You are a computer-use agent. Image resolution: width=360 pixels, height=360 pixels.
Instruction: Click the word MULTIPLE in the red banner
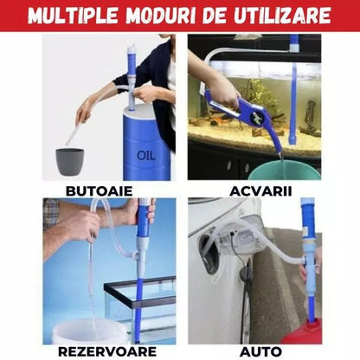pyautogui.click(x=74, y=16)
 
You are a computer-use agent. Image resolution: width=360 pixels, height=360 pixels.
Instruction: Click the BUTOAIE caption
pyautogui.click(x=99, y=191)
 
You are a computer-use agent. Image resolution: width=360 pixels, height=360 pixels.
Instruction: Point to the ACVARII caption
pyautogui.click(x=260, y=191)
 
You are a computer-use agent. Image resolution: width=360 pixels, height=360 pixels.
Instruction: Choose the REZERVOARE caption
pyautogui.click(x=107, y=351)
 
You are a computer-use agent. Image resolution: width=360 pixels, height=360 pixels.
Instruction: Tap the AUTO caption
pyautogui.click(x=260, y=352)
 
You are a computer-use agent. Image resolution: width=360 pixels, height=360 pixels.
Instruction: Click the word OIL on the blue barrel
pyautogui.click(x=146, y=156)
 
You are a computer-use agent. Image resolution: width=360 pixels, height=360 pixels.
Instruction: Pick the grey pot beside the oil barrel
pyautogui.click(x=69, y=162)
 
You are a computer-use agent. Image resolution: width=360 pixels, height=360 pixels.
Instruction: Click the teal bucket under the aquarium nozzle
pyautogui.click(x=284, y=170)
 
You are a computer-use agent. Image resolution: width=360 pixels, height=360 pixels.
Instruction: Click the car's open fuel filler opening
pyautogui.click(x=209, y=254)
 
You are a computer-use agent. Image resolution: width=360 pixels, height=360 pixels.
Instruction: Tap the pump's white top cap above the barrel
pyautogui.click(x=132, y=48)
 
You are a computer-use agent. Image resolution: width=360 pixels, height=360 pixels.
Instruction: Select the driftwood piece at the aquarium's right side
pyautogui.click(x=310, y=119)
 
